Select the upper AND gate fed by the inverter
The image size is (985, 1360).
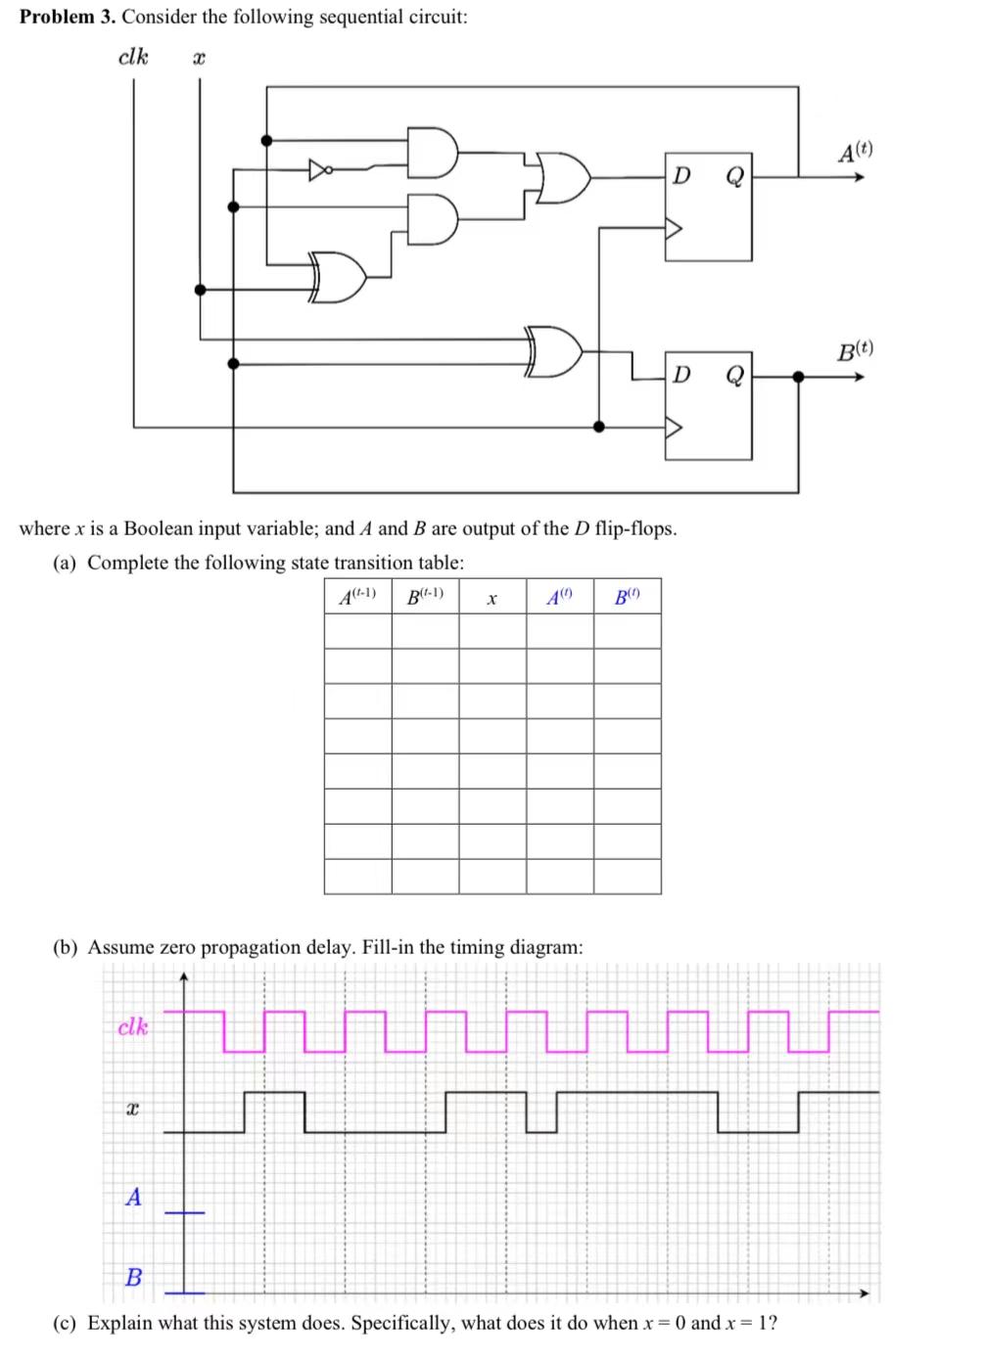click(432, 152)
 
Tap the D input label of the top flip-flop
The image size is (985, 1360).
click(682, 176)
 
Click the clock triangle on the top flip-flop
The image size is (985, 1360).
click(673, 229)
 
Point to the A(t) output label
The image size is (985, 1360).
click(855, 152)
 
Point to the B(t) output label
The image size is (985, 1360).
click(855, 350)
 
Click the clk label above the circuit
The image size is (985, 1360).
click(133, 57)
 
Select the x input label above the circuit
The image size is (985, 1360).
click(198, 59)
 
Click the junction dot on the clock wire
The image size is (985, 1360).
click(599, 427)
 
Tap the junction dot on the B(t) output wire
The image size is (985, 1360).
click(798, 376)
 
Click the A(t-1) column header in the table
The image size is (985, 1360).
click(357, 596)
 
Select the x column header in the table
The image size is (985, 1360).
click(492, 598)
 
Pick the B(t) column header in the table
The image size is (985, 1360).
click(627, 596)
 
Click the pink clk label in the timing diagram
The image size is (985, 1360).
click(133, 1026)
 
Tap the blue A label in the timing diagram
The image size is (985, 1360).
click(133, 1196)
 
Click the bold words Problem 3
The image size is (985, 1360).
click(68, 18)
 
